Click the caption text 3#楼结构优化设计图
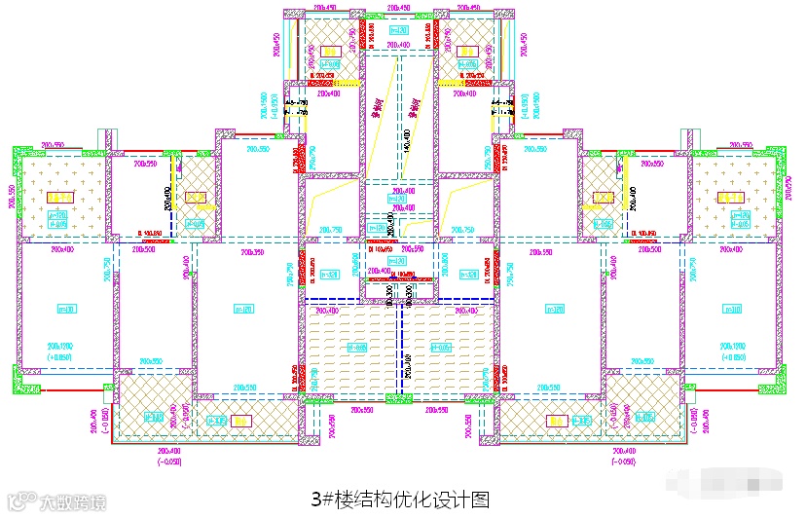click(x=399, y=499)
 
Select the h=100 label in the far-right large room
click(x=731, y=309)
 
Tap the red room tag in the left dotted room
click(x=58, y=198)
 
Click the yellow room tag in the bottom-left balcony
click(x=241, y=421)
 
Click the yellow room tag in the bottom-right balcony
click(x=555, y=421)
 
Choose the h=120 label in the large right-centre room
click(x=553, y=309)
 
